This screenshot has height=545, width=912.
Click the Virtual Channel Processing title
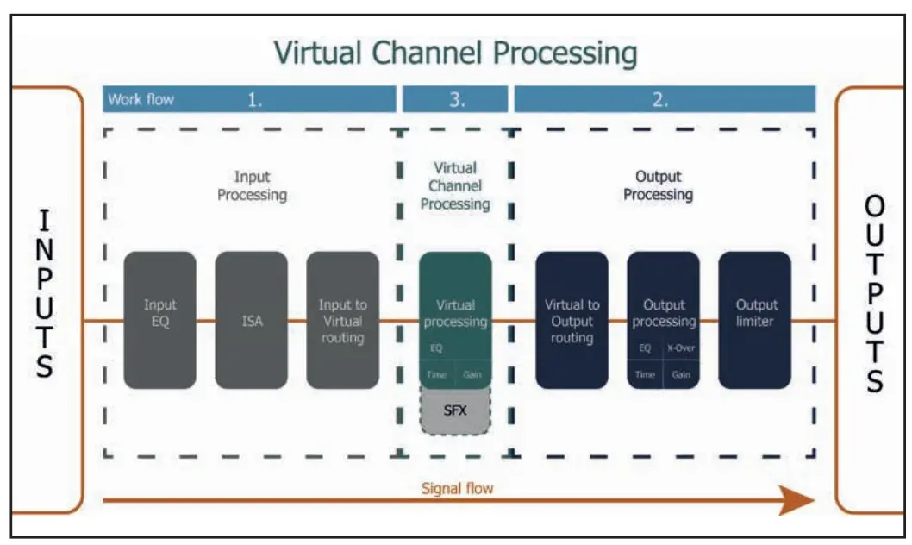pyautogui.click(x=455, y=53)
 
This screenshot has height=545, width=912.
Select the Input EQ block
pyautogui.click(x=160, y=320)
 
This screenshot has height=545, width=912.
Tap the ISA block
pyautogui.click(x=252, y=320)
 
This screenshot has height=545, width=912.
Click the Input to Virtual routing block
pyautogui.click(x=342, y=320)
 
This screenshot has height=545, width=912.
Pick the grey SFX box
pyautogui.click(x=455, y=410)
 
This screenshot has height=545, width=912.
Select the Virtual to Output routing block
pyautogui.click(x=572, y=320)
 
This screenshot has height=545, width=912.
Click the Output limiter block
pyautogui.click(x=754, y=320)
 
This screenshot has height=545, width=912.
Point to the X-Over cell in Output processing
pyautogui.click(x=681, y=349)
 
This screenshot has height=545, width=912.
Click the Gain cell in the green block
pyautogui.click(x=472, y=375)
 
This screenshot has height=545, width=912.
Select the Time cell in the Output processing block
pyautogui.click(x=645, y=375)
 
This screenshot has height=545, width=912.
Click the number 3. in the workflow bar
pyautogui.click(x=457, y=99)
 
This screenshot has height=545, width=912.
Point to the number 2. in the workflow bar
pyautogui.click(x=661, y=99)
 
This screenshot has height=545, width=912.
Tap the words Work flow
pyautogui.click(x=141, y=99)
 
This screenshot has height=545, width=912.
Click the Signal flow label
pyautogui.click(x=457, y=488)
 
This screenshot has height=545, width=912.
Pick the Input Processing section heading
pyautogui.click(x=252, y=185)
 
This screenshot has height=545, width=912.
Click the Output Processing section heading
pyautogui.click(x=658, y=185)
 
